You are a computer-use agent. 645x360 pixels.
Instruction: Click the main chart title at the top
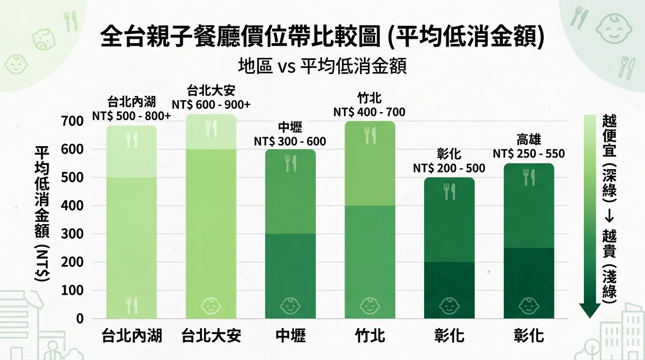[x=322, y=37]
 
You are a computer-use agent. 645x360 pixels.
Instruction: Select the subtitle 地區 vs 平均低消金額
[x=322, y=66]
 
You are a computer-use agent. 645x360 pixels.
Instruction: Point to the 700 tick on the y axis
[x=72, y=121]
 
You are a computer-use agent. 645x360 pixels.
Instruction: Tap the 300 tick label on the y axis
[x=72, y=234]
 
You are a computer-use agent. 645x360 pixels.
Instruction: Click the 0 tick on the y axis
[x=80, y=319]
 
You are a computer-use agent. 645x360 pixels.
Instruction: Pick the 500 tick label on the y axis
[x=72, y=178]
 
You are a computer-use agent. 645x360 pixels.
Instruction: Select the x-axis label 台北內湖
[x=132, y=336]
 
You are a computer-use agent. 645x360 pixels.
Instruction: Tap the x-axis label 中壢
[x=291, y=336]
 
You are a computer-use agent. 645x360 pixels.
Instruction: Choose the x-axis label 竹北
[x=370, y=336]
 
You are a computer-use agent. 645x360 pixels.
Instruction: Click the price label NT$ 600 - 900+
[x=211, y=105]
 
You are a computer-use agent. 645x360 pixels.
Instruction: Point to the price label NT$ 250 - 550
[x=528, y=154]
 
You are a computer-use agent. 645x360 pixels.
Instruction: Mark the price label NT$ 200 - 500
[x=449, y=168]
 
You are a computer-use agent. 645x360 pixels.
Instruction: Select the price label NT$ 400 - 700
[x=369, y=112]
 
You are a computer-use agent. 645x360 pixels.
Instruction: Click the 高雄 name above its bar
[x=528, y=140]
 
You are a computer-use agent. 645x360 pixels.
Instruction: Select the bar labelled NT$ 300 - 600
[x=291, y=234]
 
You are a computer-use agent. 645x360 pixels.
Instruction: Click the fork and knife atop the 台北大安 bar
[x=211, y=128]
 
